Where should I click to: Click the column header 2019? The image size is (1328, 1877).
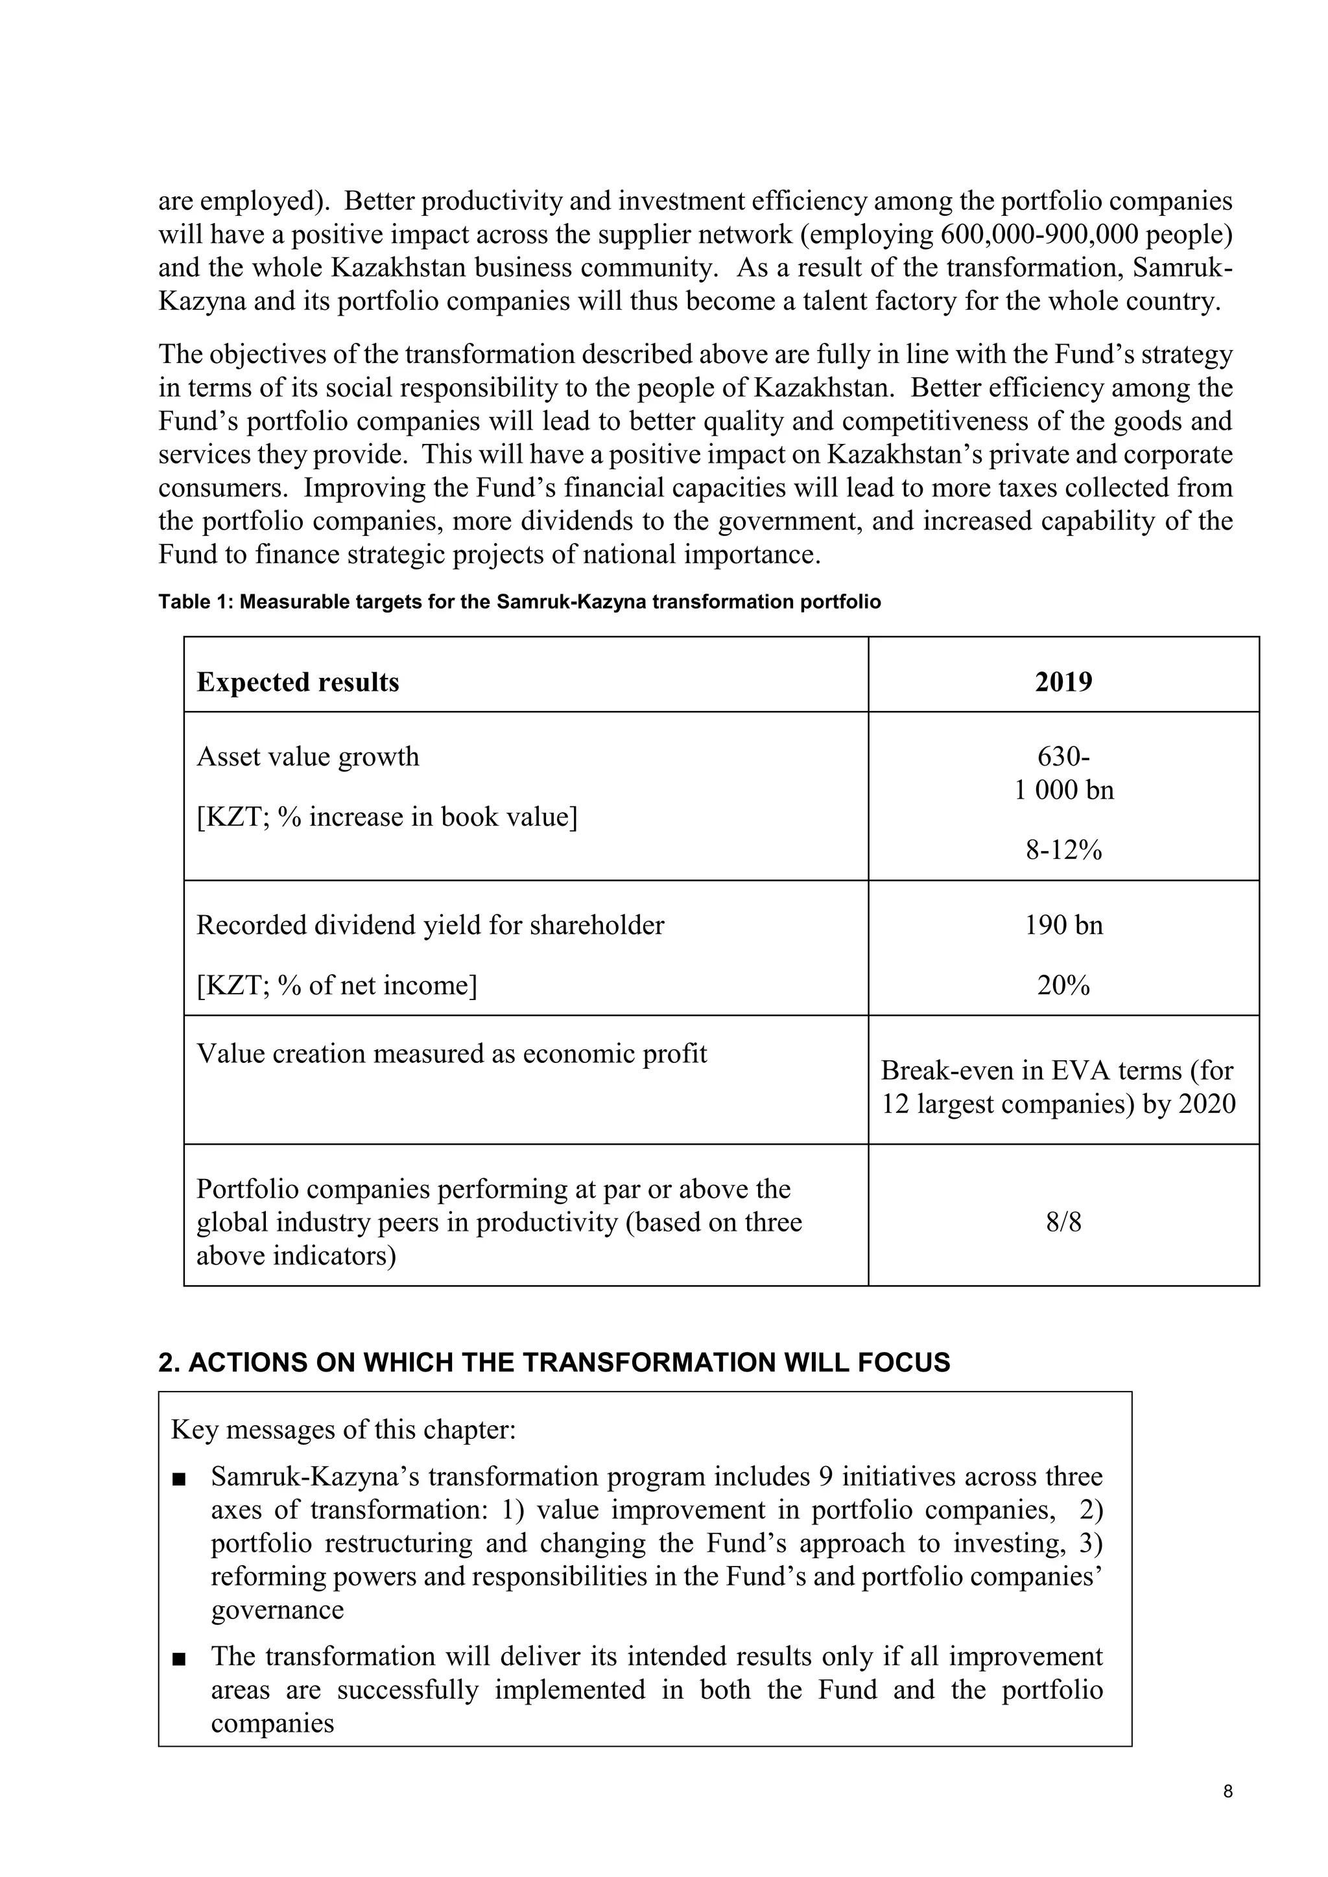[1063, 682]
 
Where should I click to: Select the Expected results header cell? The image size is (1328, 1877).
[298, 682]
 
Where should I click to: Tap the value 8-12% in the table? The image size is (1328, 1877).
[1063, 850]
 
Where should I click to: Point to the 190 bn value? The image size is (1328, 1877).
[1063, 925]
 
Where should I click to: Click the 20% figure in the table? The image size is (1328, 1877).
[1063, 985]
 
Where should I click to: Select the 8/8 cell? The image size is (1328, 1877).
[1063, 1222]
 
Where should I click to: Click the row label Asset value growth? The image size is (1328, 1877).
[307, 756]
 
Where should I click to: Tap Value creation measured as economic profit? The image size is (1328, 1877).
[451, 1053]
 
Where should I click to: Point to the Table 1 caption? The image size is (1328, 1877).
[519, 603]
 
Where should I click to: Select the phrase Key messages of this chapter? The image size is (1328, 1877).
[344, 1430]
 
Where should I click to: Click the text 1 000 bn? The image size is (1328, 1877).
[1063, 789]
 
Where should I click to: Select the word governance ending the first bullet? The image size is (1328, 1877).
[278, 1610]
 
